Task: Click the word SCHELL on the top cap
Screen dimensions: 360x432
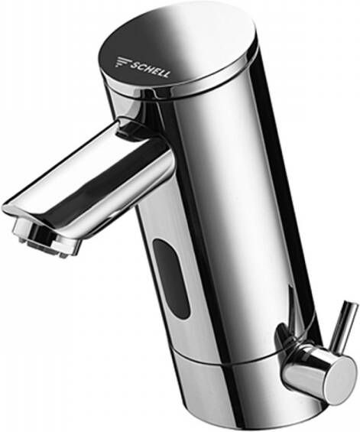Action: [150, 69]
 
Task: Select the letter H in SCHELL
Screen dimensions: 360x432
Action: [148, 69]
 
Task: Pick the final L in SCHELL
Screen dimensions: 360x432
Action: [167, 74]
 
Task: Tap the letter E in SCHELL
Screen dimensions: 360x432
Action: [155, 71]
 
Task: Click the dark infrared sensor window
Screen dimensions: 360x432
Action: [171, 279]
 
